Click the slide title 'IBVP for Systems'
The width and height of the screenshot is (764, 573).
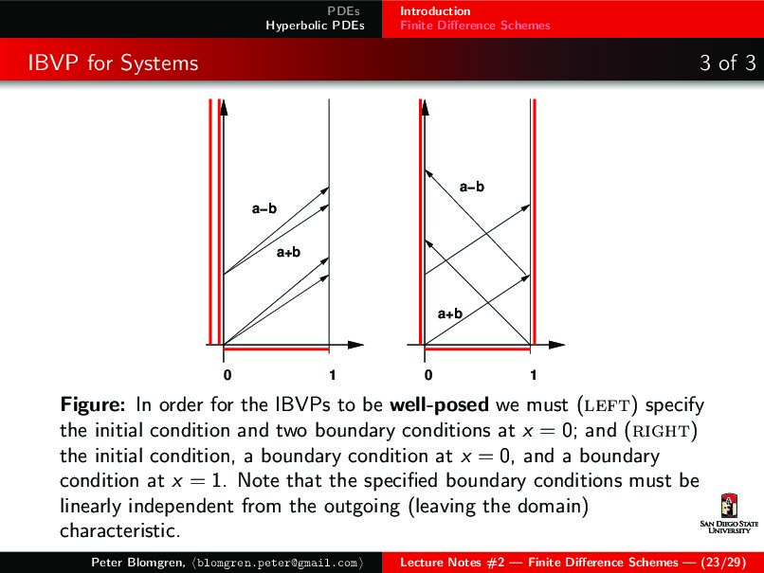pos(113,63)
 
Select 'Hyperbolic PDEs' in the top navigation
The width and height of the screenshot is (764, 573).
pos(316,26)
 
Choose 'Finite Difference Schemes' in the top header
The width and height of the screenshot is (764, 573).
pos(474,26)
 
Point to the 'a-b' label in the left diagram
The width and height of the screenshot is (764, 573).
pos(264,208)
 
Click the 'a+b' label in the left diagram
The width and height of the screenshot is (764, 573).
pos(288,252)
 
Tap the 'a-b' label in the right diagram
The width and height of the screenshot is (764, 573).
pos(471,188)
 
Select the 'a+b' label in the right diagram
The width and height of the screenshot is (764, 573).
pos(449,313)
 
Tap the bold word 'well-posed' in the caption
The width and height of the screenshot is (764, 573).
pos(439,405)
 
